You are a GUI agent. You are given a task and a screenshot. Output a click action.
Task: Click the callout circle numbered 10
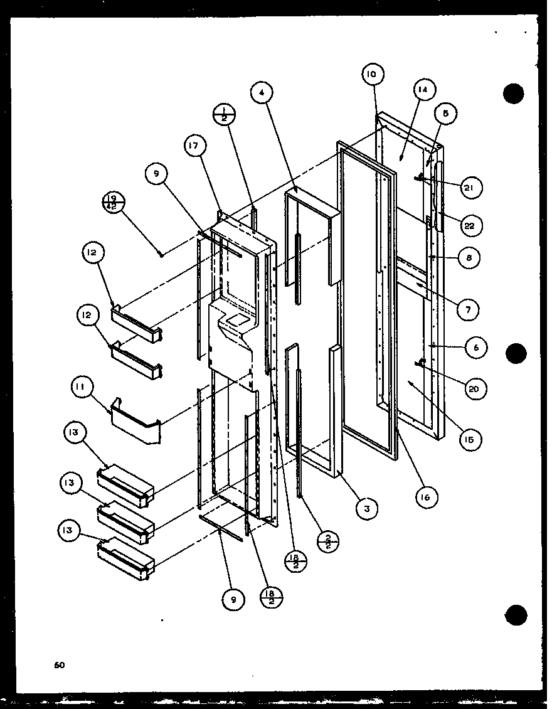(371, 75)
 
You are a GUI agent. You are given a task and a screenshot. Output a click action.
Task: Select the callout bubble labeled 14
(423, 90)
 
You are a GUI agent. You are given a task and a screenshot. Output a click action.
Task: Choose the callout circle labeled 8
(469, 257)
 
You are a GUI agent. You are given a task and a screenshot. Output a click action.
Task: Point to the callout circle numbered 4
(262, 93)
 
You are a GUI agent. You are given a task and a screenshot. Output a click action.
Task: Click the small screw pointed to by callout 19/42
(161, 254)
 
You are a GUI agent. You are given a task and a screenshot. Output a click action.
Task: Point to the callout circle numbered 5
(446, 114)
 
